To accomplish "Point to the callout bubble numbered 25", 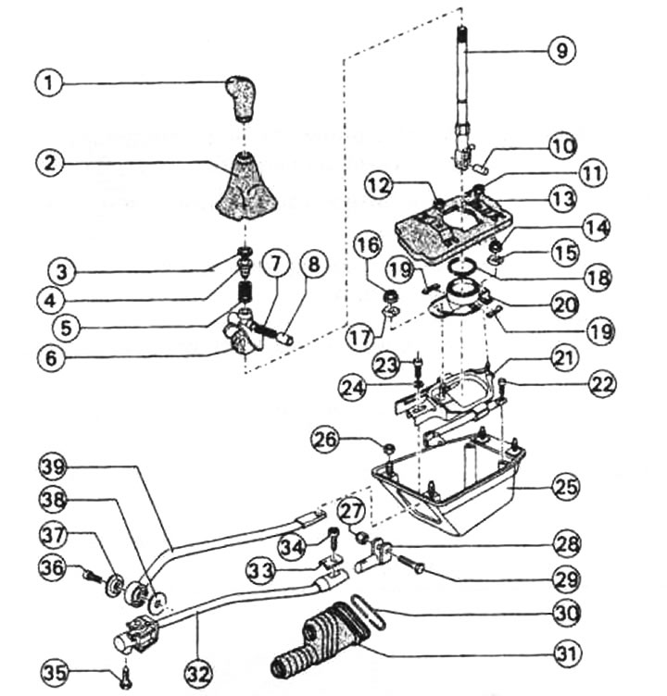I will (564, 485).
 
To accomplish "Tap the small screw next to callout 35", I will (125, 681).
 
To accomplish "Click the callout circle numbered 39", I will (56, 465).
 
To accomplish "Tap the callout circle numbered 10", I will (563, 146).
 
